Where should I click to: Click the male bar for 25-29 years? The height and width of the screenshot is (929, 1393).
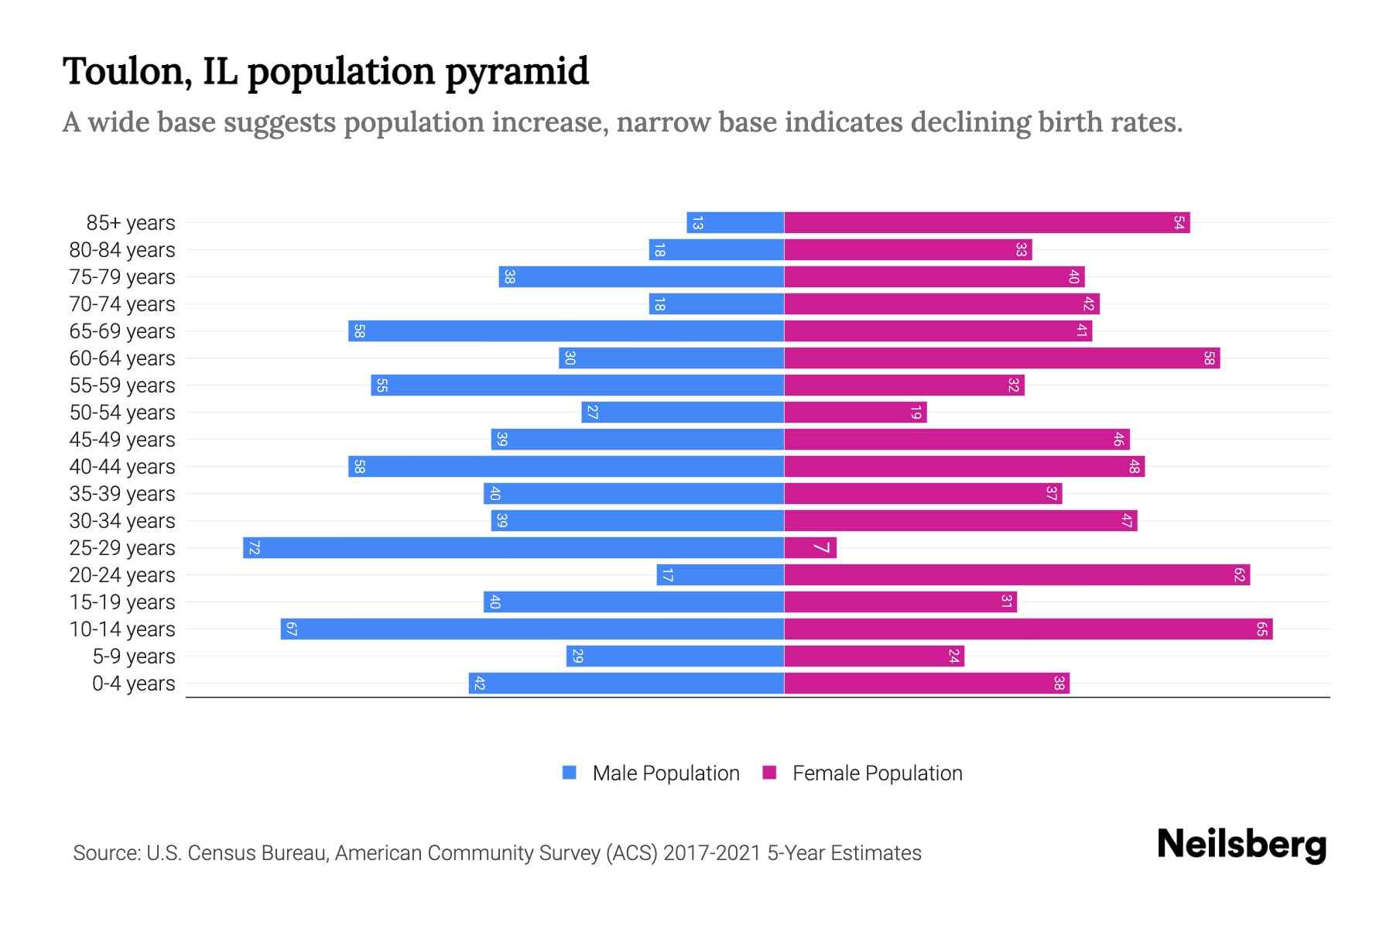pyautogui.click(x=513, y=547)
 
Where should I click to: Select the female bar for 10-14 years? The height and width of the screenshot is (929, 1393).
pyautogui.click(x=1028, y=629)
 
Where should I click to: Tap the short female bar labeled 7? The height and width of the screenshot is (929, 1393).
pyautogui.click(x=810, y=547)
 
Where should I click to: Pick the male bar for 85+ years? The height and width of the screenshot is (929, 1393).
pyautogui.click(x=735, y=222)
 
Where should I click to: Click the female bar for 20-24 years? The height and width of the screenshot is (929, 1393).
pyautogui.click(x=1017, y=574)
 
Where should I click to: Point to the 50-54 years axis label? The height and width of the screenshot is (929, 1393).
pyautogui.click(x=122, y=412)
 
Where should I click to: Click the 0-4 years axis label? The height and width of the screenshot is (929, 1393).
pyautogui.click(x=133, y=683)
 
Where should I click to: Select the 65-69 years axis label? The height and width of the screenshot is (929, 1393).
pyautogui.click(x=122, y=331)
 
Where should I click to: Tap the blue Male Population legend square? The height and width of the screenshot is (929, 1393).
pyautogui.click(x=570, y=773)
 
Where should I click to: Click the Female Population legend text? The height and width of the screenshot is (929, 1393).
pyautogui.click(x=877, y=773)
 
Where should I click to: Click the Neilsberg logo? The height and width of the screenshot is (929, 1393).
pyautogui.click(x=1241, y=845)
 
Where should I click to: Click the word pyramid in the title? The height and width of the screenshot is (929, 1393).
pyautogui.click(x=516, y=71)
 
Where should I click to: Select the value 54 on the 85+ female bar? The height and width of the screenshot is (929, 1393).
pyautogui.click(x=1179, y=222)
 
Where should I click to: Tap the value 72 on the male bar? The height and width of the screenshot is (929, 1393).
pyautogui.click(x=254, y=547)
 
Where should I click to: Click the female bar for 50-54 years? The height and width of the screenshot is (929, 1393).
pyautogui.click(x=855, y=412)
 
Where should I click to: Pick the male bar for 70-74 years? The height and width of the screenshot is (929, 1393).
pyautogui.click(x=717, y=303)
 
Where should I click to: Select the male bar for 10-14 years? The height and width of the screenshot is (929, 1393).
pyautogui.click(x=532, y=629)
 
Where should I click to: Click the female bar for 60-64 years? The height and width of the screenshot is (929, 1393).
pyautogui.click(x=1002, y=358)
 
